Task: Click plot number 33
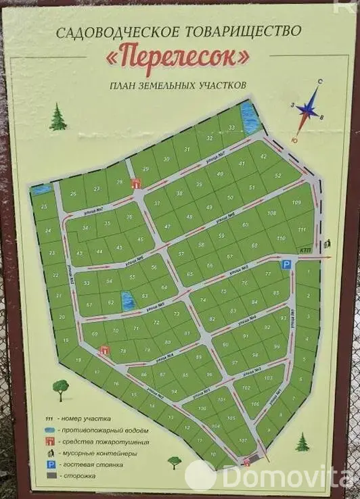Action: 232,127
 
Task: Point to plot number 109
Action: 295,202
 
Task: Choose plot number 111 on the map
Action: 301,231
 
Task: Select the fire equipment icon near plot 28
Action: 137,182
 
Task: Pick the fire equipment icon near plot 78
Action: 104,350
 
